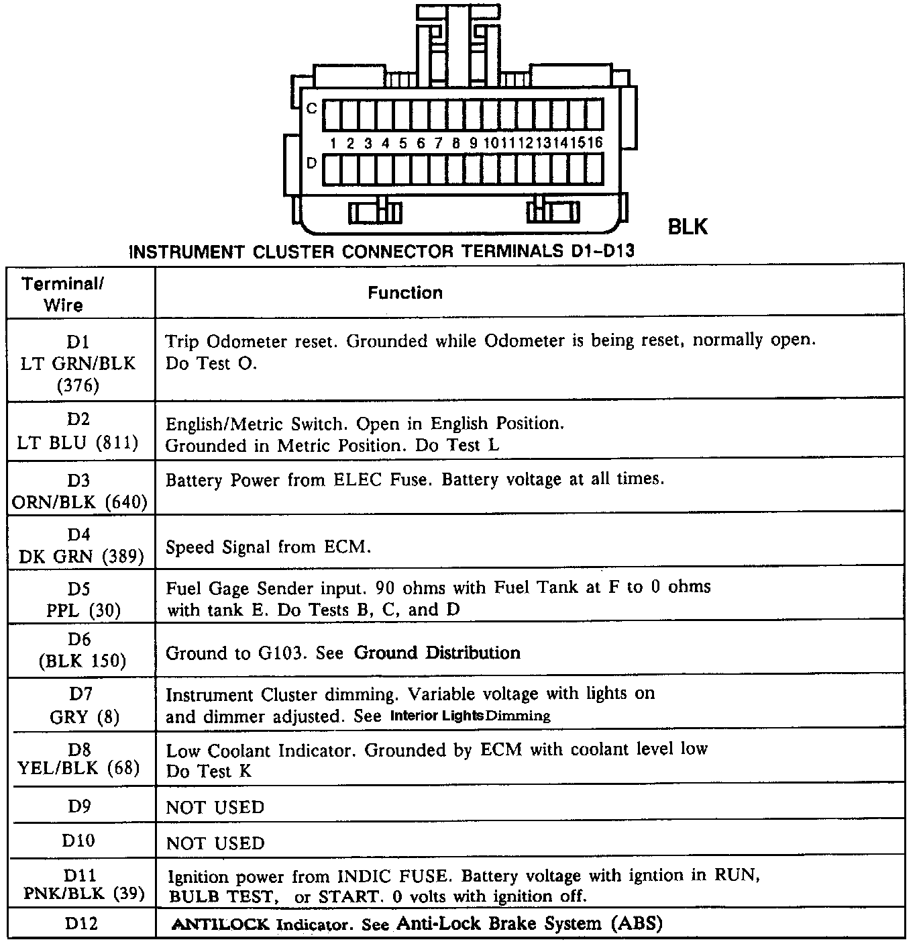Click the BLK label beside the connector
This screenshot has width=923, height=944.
click(x=688, y=227)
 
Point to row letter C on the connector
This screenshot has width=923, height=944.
click(x=311, y=108)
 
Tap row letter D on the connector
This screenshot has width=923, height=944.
click(x=311, y=163)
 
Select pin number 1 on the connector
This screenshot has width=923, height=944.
click(x=333, y=143)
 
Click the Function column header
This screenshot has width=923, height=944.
click(x=405, y=293)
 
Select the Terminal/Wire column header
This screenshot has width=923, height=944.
click(x=63, y=294)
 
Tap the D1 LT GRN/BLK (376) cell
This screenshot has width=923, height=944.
click(x=78, y=363)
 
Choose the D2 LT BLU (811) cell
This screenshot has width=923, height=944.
click(x=78, y=431)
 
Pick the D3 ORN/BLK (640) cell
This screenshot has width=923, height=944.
click(x=79, y=491)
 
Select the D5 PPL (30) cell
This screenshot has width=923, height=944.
click(x=78, y=600)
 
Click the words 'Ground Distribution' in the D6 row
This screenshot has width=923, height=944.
click(x=437, y=653)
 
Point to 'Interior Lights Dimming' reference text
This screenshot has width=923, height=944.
click(x=470, y=716)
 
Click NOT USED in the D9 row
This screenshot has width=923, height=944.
click(x=215, y=807)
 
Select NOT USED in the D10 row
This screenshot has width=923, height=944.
click(x=215, y=843)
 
